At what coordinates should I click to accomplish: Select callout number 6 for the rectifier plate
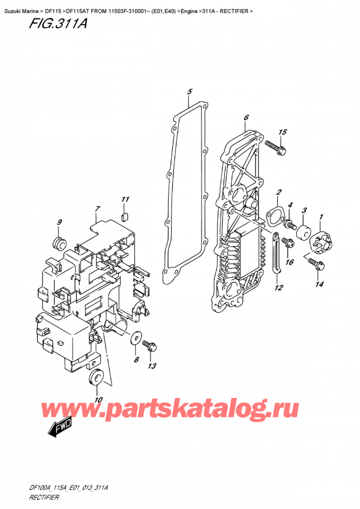tap(246, 118)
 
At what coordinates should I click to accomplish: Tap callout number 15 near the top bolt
tap(283, 132)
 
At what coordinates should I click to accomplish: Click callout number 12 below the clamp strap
tap(278, 288)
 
